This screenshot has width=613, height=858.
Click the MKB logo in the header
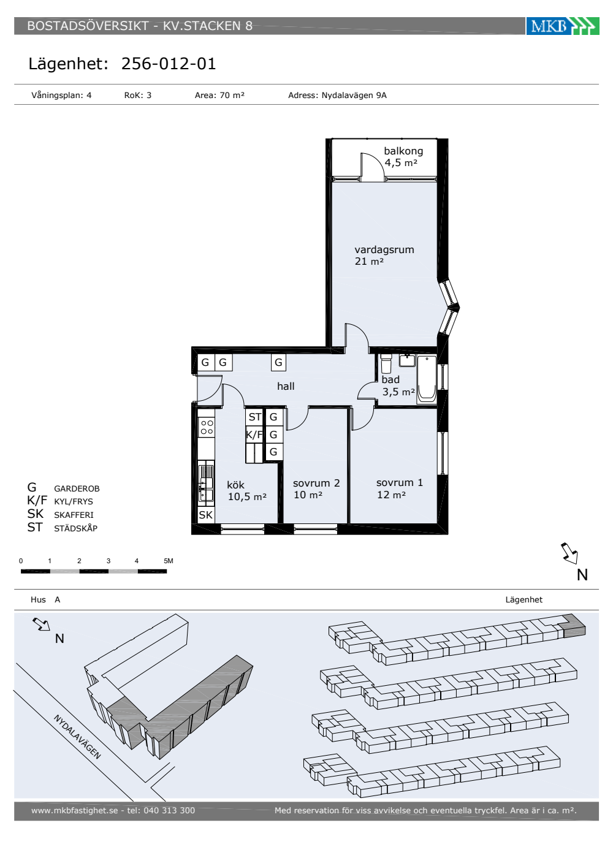(x=563, y=26)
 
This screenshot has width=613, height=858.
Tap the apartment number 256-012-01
(x=169, y=64)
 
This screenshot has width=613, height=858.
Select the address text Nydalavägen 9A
(x=354, y=96)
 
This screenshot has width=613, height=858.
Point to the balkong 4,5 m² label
(x=403, y=157)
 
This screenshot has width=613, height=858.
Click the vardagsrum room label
(x=384, y=250)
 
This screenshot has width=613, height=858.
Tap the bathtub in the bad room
(x=427, y=379)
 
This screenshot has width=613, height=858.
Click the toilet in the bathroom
(x=386, y=363)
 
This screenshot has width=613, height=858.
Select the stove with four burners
(x=207, y=428)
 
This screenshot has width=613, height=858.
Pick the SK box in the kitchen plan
(x=206, y=515)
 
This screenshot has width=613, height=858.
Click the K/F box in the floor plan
(x=254, y=435)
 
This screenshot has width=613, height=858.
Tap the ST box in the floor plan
(x=255, y=417)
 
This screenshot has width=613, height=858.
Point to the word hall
(x=286, y=386)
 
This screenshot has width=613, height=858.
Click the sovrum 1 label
(x=400, y=483)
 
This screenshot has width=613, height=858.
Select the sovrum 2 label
(x=316, y=483)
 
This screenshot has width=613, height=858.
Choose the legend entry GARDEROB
(x=77, y=489)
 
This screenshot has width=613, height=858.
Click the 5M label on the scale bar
(x=169, y=561)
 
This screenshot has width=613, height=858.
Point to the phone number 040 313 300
(x=169, y=810)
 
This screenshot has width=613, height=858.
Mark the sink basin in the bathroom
(x=407, y=360)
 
